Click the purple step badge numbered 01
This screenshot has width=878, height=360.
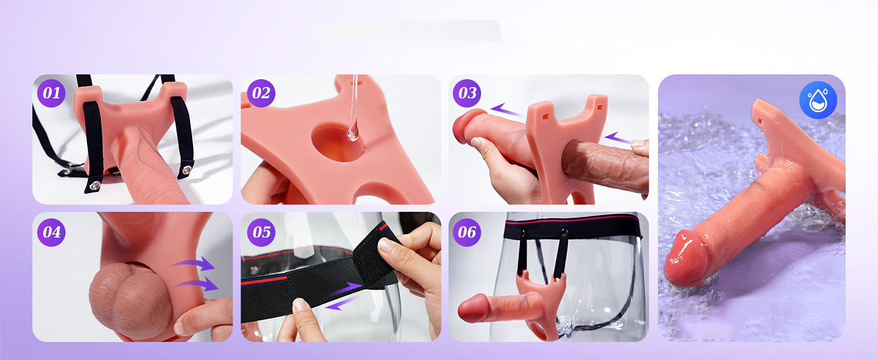[52, 94]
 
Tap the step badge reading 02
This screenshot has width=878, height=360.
[261, 94]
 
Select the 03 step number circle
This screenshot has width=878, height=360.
[467, 94]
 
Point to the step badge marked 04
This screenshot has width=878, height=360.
[52, 233]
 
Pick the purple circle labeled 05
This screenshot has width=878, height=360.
[261, 233]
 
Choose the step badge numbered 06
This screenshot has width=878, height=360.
[467, 233]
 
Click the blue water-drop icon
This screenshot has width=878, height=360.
[818, 100]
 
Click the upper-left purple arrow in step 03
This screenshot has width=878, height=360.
[506, 110]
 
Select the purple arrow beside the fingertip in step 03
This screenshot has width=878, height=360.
[618, 138]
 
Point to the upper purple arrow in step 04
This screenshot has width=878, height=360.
[194, 263]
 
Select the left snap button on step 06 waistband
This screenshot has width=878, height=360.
[524, 233]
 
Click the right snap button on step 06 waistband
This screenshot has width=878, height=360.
[564, 233]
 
